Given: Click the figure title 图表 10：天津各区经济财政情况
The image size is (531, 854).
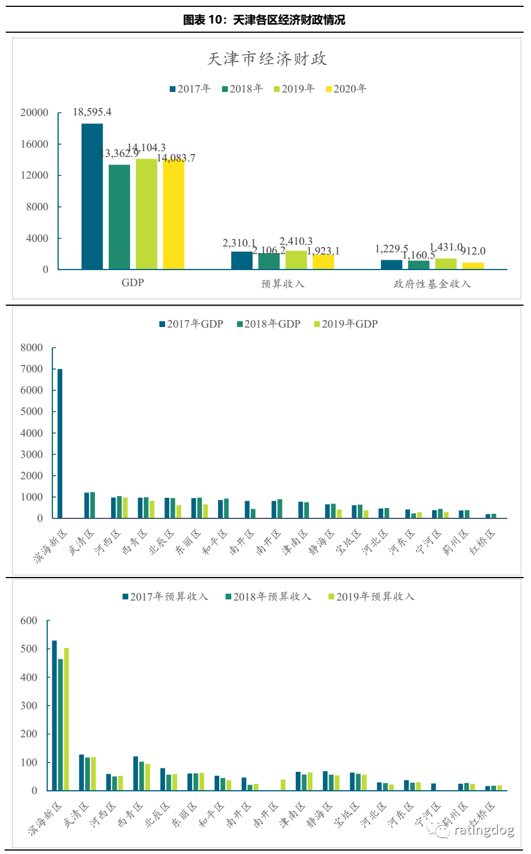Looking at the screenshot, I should point(264,20).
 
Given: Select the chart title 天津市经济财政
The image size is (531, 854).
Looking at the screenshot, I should point(268,59).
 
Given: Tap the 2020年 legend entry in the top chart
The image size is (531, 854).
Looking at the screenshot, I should point(346,89).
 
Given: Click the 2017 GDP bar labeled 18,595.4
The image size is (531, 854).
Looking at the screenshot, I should point(92,196).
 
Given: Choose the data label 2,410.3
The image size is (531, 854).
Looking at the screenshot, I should point(296,241).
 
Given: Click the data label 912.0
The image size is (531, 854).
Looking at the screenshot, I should point(474,251).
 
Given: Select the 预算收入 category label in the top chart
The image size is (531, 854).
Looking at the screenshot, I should point(282,284).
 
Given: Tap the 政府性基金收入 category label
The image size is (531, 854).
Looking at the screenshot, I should point(432,284).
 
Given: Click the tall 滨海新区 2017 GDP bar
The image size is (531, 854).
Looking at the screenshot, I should point(60,443).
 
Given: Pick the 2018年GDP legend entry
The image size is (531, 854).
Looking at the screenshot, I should point(269,324).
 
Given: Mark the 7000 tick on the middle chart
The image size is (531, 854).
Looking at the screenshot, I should point(32,369).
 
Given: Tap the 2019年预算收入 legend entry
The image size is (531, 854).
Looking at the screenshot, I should point(372,597).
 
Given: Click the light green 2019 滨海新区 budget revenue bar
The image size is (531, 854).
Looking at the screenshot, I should point(66,719).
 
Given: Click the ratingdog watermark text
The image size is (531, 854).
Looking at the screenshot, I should point(483,830).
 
